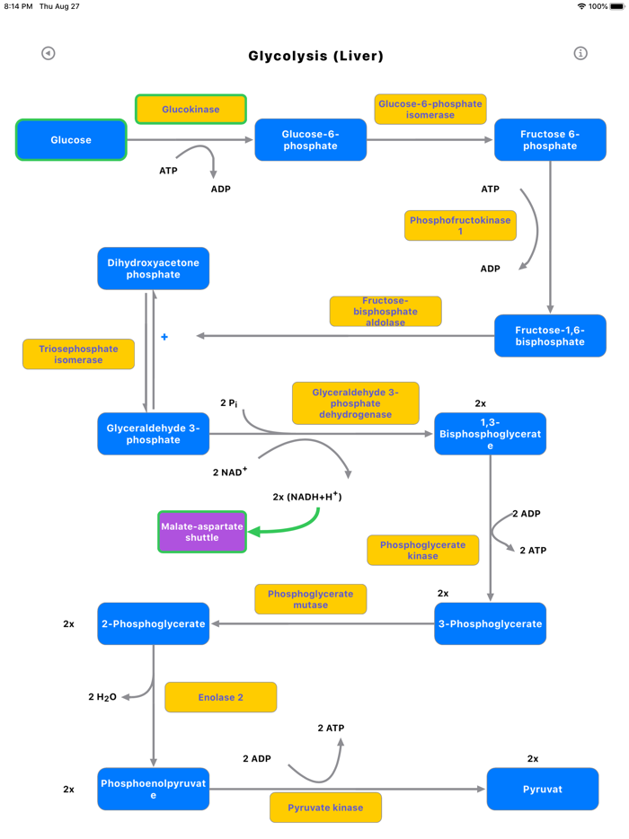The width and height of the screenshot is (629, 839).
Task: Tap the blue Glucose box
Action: tap(71, 140)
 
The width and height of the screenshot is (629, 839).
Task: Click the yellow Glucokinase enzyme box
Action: tap(190, 110)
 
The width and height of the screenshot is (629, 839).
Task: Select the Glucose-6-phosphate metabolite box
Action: tap(310, 140)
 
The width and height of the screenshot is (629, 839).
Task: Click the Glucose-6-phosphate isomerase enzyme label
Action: tap(430, 110)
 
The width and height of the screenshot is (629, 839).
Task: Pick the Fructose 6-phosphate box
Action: tap(550, 140)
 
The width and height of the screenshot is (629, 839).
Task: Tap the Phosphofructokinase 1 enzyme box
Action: tap(460, 225)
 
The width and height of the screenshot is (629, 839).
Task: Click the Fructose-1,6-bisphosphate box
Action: tap(550, 336)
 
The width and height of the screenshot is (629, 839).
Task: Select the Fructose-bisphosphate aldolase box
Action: tap(385, 311)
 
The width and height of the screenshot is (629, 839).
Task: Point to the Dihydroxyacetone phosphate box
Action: tap(153, 269)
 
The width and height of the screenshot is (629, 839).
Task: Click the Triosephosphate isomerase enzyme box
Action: tap(78, 354)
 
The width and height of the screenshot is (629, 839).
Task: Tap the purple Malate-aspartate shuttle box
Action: tap(202, 532)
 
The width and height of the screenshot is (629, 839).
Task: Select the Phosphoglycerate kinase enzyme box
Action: tap(422, 550)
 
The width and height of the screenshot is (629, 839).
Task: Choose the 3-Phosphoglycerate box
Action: tap(490, 623)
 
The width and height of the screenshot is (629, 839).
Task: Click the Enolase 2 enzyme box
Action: tap(220, 697)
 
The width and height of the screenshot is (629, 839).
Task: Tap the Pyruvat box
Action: tap(542, 789)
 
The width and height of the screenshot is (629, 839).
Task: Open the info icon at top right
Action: tap(580, 53)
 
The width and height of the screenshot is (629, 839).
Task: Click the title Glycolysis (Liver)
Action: tap(315, 56)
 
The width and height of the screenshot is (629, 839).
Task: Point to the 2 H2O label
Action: tap(102, 697)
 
